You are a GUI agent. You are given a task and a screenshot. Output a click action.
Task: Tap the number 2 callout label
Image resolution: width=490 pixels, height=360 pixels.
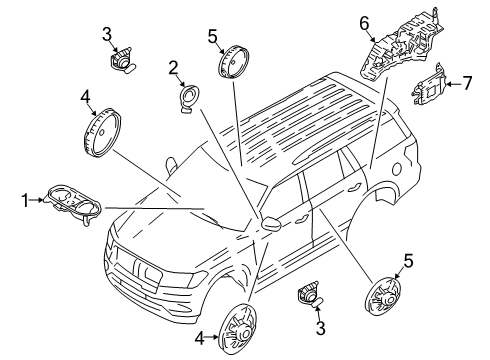(173, 68)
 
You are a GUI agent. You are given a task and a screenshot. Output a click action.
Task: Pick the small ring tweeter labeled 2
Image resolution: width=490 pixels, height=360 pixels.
(187, 99)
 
